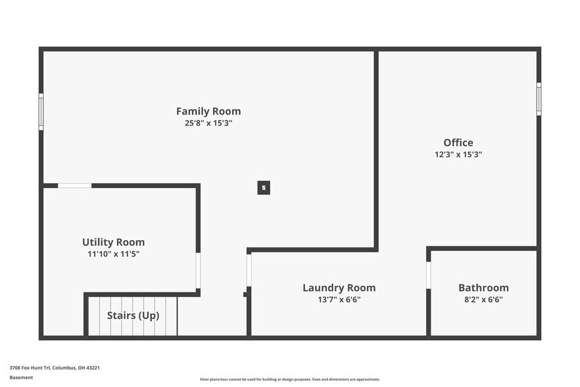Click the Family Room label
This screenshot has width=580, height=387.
coord(208,111)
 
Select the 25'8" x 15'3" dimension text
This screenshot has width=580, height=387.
coord(208,123)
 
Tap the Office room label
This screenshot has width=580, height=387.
coord(458,143)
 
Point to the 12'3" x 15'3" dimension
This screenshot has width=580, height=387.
coord(458,155)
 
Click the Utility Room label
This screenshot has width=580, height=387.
coord(113,242)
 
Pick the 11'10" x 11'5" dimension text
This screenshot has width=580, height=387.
coord(113,254)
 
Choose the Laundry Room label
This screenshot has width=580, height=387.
coord(339,288)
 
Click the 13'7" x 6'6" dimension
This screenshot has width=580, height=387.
coord(339,299)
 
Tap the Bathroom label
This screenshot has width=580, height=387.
coord(483,288)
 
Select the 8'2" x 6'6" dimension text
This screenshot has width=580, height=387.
coord(483,299)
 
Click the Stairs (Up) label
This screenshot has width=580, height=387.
coord(133,315)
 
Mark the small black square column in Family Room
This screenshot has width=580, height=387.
coord(264,188)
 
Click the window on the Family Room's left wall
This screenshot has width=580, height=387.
coord(41,111)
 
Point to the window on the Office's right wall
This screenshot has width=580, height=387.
coord(539,99)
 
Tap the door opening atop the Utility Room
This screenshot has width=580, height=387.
coord(74,186)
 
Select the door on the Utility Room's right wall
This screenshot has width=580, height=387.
coord(198,271)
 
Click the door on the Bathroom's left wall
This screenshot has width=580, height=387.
coord(428,275)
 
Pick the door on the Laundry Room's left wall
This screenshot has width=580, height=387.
coord(249,271)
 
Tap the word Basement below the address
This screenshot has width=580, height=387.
coord(21,377)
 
